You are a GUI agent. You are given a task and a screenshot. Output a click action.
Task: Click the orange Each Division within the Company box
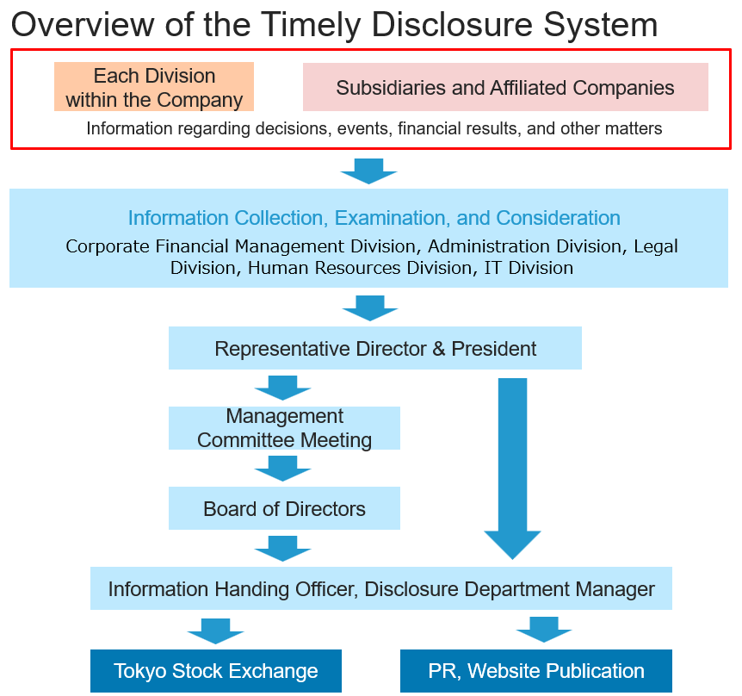click(x=154, y=87)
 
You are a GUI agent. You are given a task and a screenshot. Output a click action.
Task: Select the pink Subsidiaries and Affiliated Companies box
click(x=505, y=87)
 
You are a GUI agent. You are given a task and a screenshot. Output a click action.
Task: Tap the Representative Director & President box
click(x=375, y=349)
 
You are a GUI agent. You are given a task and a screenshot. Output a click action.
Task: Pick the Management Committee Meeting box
click(x=284, y=428)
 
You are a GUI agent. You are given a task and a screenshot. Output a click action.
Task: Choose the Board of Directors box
click(x=284, y=508)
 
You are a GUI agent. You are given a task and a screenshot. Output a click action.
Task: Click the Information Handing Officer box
click(x=381, y=589)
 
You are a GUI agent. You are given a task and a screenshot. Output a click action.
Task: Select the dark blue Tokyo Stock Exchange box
click(x=216, y=671)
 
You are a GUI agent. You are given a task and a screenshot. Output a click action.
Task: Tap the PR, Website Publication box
click(x=536, y=671)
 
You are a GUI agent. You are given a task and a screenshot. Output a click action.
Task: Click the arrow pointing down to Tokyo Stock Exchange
click(x=216, y=630)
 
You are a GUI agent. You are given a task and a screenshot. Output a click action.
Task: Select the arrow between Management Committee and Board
click(x=282, y=469)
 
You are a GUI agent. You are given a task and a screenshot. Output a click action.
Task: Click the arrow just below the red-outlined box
click(x=368, y=171)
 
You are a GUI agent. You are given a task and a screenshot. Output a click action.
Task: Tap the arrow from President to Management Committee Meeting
click(x=282, y=388)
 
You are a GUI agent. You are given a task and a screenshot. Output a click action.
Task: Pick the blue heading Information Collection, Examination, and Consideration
click(x=374, y=218)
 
